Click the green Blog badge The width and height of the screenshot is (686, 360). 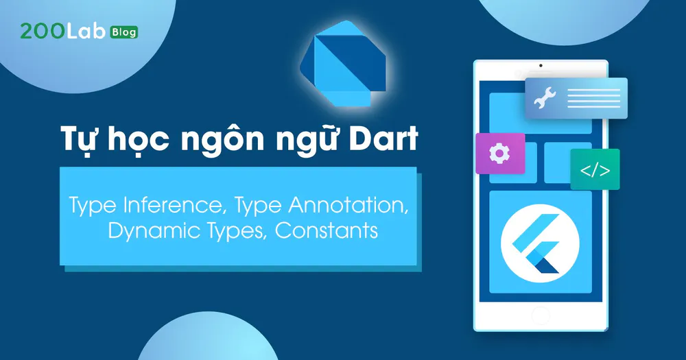coord(125,32)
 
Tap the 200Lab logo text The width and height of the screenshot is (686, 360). coord(63,32)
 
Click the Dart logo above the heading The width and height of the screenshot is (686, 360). coord(343,63)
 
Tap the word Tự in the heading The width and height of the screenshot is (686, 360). coord(79,140)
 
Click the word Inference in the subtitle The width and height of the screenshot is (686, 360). coord(174,205)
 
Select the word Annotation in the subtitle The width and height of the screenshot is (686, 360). coord(348,205)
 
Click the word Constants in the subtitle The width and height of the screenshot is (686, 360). coord(327,230)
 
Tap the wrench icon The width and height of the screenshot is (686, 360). coord(545,98)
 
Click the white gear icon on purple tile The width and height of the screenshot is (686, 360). coord(499,154)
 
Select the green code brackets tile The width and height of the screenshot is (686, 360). coord(595,169)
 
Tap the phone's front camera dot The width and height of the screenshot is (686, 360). coord(541,66)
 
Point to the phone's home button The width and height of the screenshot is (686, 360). coord(541,316)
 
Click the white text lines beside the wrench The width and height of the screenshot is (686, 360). coord(593,98)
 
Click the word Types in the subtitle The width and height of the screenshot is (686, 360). coord(236,231)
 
